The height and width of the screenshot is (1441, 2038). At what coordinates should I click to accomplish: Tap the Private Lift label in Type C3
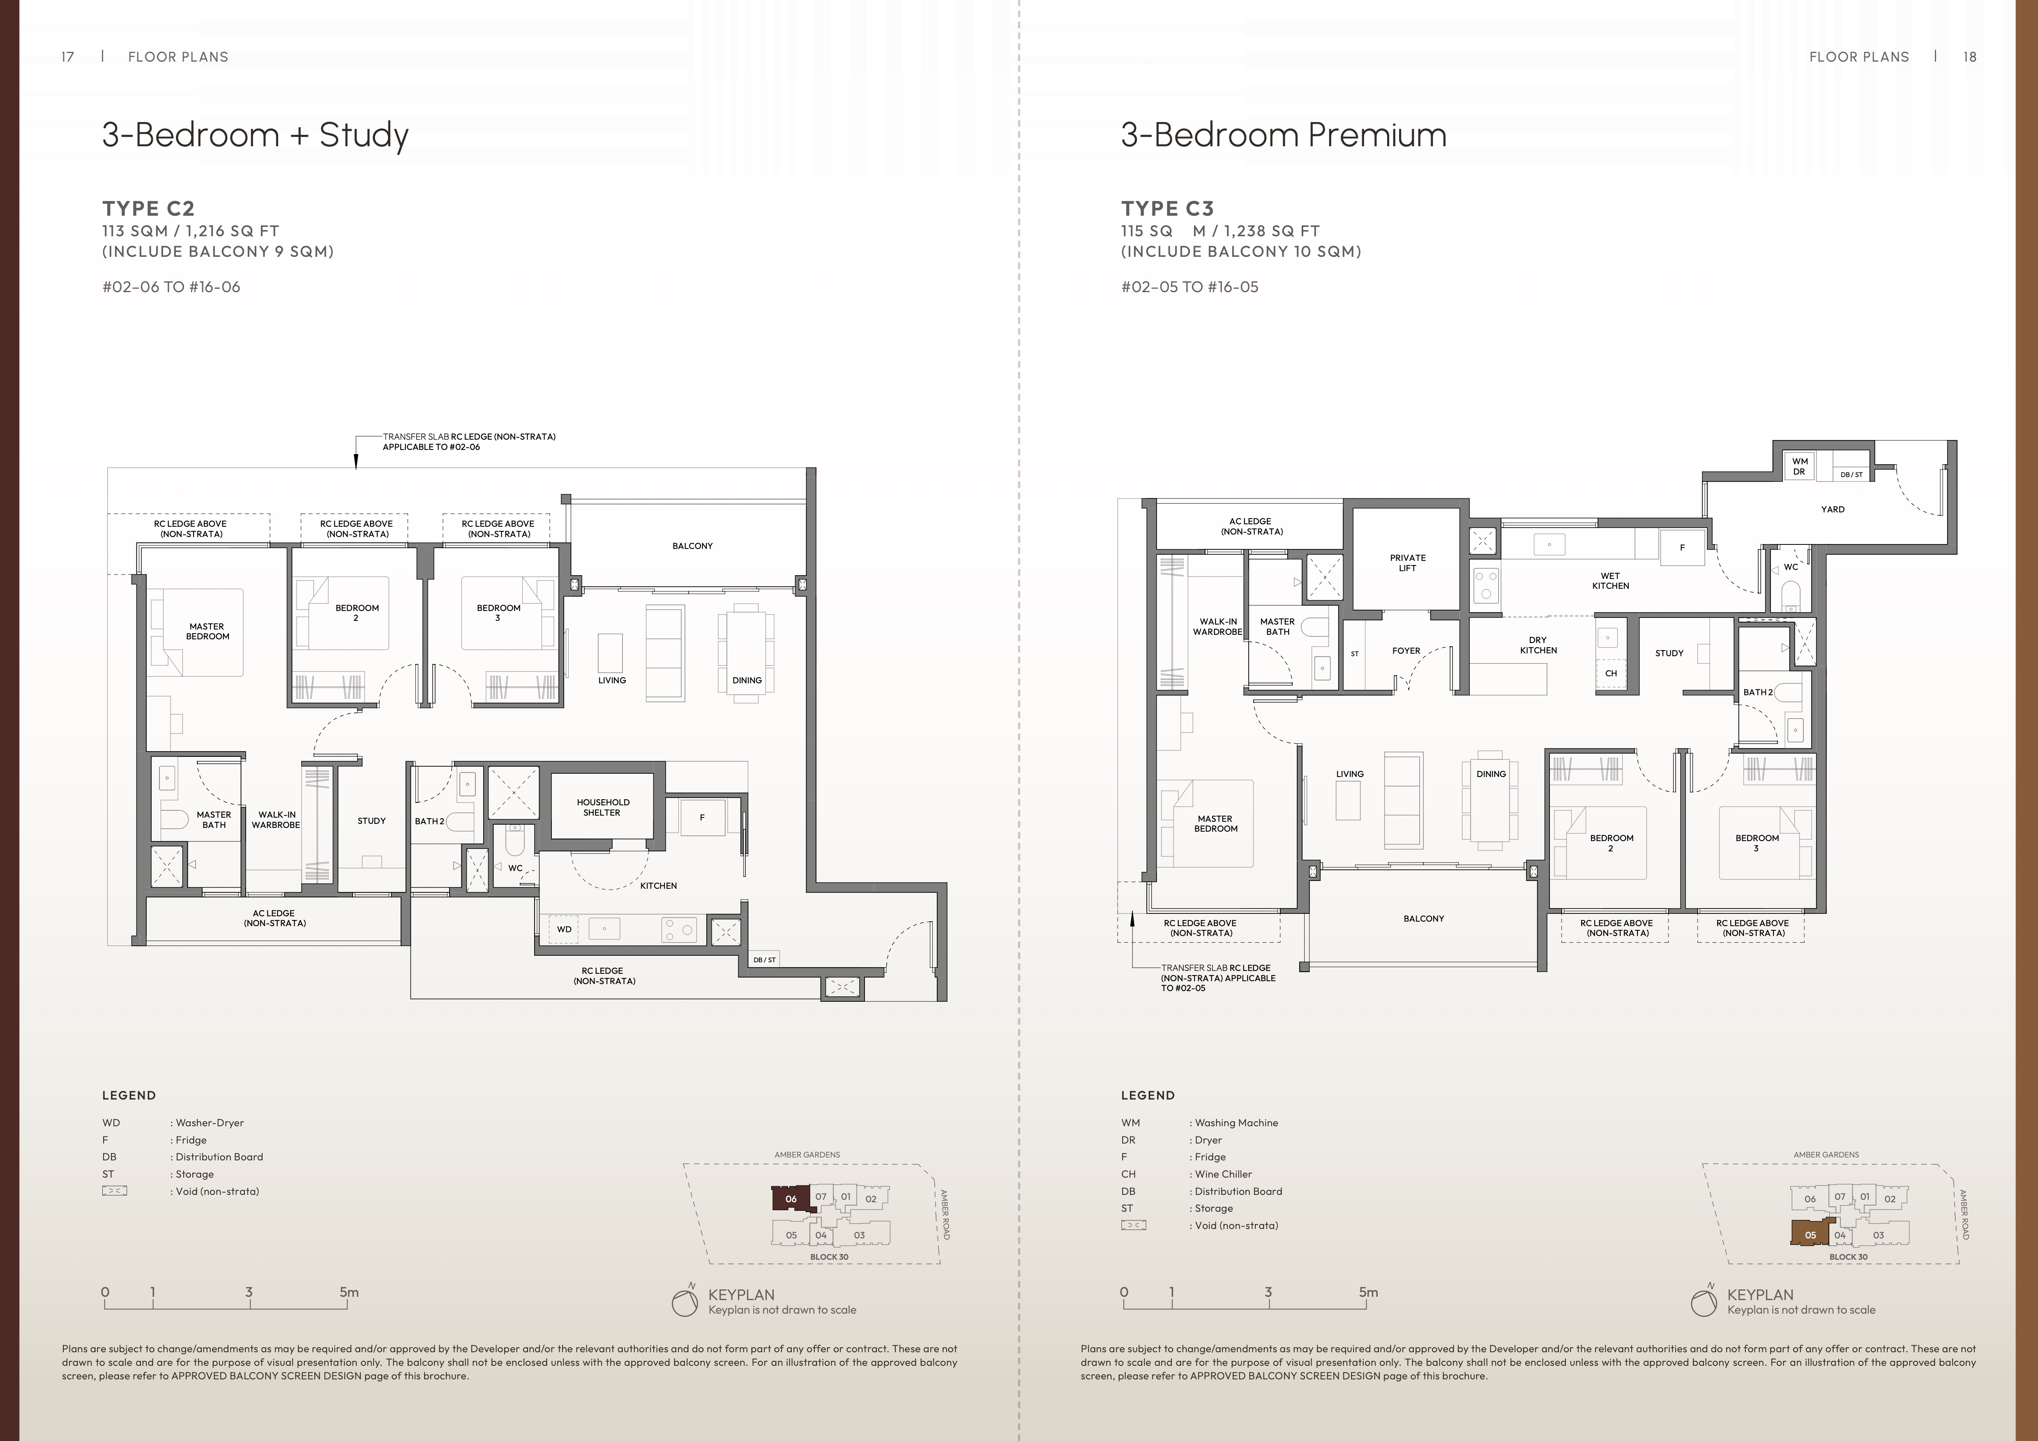[x=1408, y=563]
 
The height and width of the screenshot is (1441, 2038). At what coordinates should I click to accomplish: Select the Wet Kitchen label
[x=1610, y=581]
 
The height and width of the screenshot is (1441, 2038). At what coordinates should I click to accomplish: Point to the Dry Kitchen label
[x=1538, y=645]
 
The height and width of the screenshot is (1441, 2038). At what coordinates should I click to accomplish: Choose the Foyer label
[x=1406, y=651]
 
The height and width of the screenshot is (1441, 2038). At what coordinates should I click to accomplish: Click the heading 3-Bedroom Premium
[x=1284, y=135]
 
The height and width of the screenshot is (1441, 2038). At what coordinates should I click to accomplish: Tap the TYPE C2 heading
[x=148, y=209]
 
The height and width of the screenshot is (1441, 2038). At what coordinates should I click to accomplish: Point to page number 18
[x=1970, y=57]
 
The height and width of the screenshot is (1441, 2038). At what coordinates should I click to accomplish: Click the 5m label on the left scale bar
[x=349, y=1292]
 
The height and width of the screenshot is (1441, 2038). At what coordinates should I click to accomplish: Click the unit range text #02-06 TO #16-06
[x=171, y=287]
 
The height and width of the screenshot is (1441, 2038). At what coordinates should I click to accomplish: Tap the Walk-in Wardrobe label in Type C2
[x=276, y=819]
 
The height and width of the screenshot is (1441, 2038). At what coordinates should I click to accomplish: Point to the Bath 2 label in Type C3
[x=1757, y=692]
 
